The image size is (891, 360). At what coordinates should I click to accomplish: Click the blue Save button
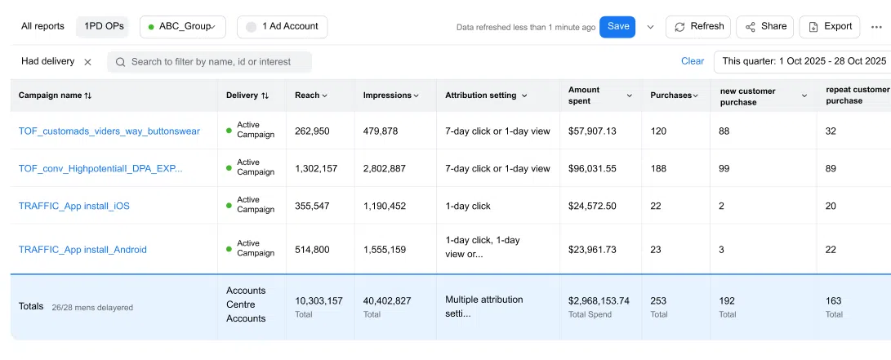click(617, 27)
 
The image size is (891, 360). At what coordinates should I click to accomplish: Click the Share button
click(764, 27)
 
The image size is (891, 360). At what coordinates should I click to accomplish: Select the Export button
click(829, 27)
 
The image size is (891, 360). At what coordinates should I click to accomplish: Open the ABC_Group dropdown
click(182, 27)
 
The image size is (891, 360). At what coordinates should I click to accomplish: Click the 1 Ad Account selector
click(282, 27)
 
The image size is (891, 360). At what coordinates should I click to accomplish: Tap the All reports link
click(42, 26)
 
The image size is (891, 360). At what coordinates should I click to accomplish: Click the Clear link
click(693, 61)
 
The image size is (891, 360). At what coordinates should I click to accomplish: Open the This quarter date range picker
click(803, 61)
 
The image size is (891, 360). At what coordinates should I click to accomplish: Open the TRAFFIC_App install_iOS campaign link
click(74, 207)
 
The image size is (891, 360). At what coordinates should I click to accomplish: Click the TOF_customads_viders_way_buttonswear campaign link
click(109, 131)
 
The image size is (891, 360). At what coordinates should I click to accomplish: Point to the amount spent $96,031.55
click(593, 169)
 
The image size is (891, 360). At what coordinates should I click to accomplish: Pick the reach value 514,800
click(312, 250)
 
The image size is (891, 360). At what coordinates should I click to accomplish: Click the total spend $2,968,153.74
click(599, 300)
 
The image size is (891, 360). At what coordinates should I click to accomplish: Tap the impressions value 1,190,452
click(385, 207)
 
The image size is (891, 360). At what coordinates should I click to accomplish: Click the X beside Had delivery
click(87, 62)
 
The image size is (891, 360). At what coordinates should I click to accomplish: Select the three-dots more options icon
click(877, 27)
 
